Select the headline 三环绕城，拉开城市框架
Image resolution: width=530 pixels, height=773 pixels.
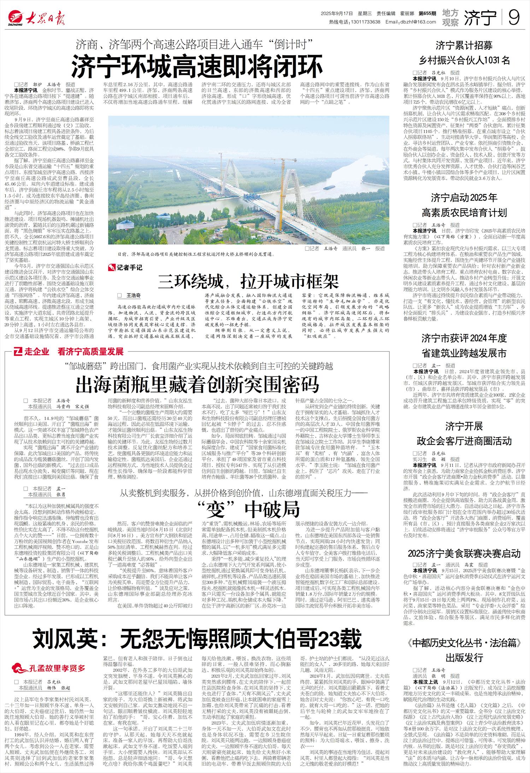249,281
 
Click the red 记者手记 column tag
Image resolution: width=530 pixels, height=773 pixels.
126,268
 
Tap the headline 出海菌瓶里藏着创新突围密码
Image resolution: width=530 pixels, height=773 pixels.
198,385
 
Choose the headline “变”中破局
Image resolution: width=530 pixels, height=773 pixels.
249,508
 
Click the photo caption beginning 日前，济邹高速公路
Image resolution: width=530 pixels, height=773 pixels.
196,254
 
